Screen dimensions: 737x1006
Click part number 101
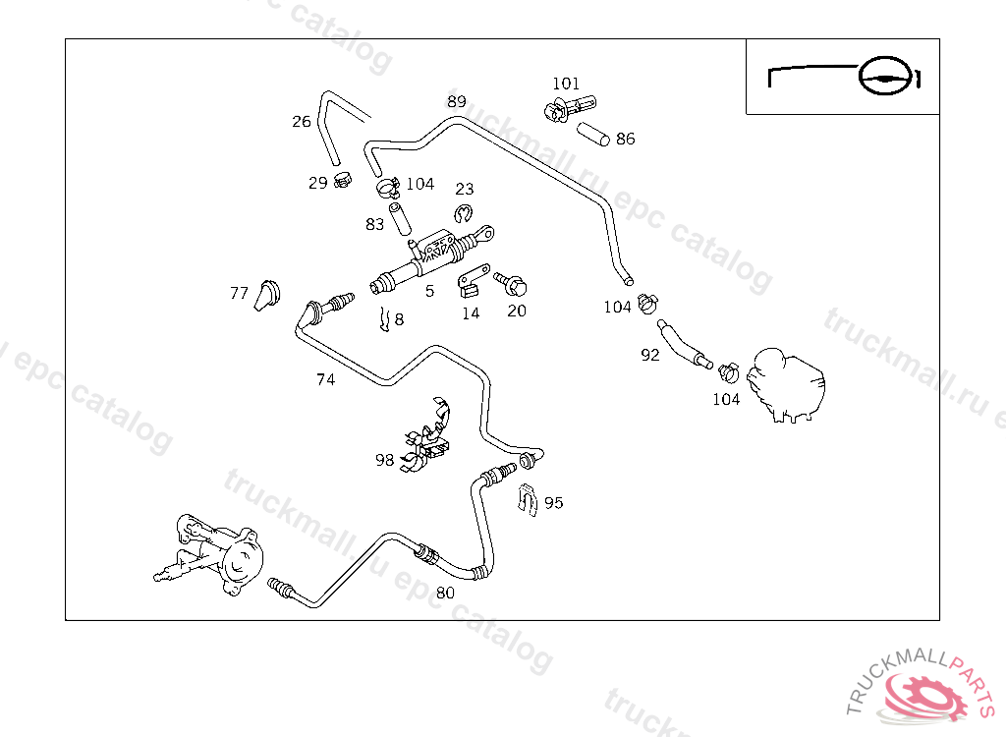pyautogui.click(x=566, y=84)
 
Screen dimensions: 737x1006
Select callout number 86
pyautogui.click(x=626, y=140)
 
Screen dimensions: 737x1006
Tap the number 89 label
pyautogui.click(x=457, y=101)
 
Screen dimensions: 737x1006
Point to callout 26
pyautogui.click(x=302, y=122)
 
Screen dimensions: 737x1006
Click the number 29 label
pyautogui.click(x=318, y=183)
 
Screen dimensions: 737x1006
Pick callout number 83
pyautogui.click(x=375, y=224)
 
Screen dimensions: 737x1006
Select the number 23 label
pyautogui.click(x=465, y=189)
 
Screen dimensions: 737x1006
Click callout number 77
pyautogui.click(x=240, y=293)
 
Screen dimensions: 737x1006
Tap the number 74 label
pyautogui.click(x=326, y=379)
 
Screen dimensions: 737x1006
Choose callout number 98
pyautogui.click(x=384, y=459)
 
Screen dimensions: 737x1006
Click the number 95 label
pyautogui.click(x=554, y=503)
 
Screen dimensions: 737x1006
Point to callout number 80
pyautogui.click(x=446, y=593)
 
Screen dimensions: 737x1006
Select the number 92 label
pyautogui.click(x=650, y=356)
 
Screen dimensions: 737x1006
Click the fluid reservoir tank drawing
pyautogui.click(x=785, y=384)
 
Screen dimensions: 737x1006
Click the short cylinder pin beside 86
pyautogui.click(x=593, y=135)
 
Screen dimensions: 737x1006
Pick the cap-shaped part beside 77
pyautogui.click(x=266, y=293)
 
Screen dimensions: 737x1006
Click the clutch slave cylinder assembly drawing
pyautogui.click(x=211, y=556)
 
